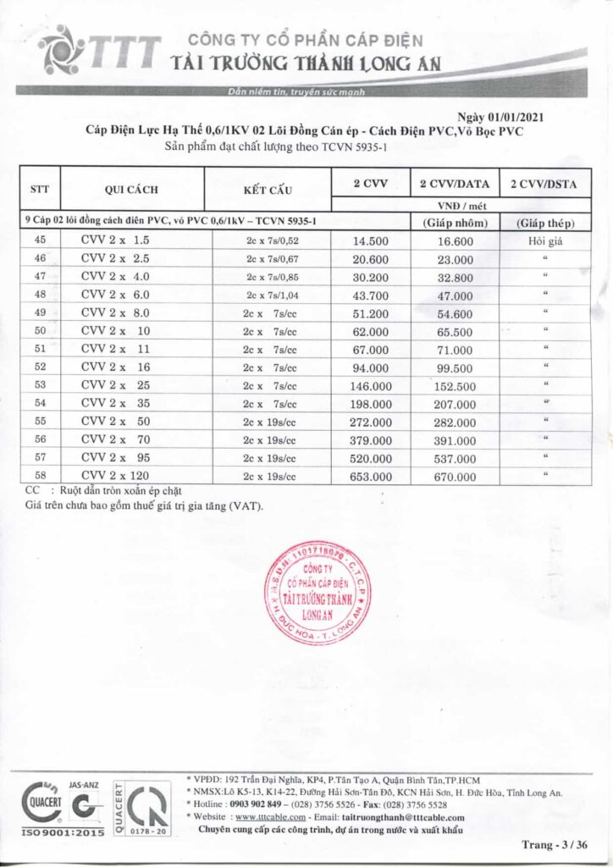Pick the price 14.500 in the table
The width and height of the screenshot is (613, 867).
coord(372,240)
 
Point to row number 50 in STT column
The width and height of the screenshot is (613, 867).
coord(41,329)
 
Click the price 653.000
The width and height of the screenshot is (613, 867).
coord(372,477)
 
